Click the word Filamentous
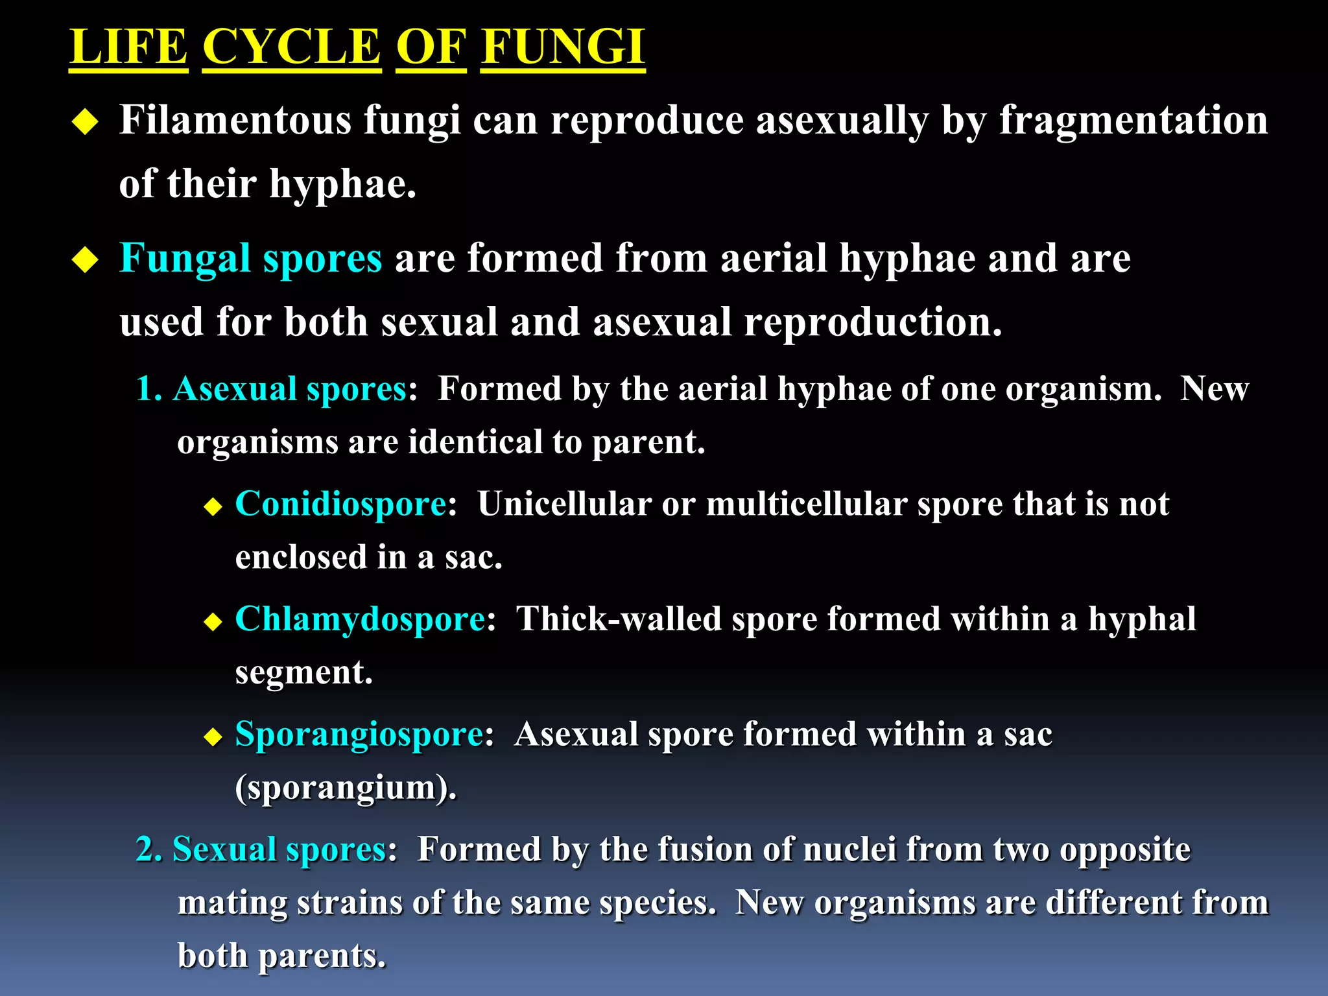(235, 121)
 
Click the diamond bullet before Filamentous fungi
(85, 122)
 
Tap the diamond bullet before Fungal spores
(85, 261)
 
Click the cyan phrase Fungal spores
(250, 259)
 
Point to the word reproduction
(872, 322)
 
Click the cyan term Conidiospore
(340, 504)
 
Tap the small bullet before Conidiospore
(213, 506)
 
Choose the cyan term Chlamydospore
(360, 619)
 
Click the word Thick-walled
(619, 619)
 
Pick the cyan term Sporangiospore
(359, 734)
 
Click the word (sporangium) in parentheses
(345, 788)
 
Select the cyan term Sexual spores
(279, 849)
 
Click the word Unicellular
(564, 504)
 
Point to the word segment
(303, 672)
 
